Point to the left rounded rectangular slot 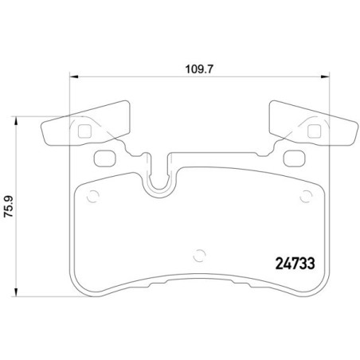[104, 158]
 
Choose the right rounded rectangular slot [295, 158]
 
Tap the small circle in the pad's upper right [307, 198]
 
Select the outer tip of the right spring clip [355, 131]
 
